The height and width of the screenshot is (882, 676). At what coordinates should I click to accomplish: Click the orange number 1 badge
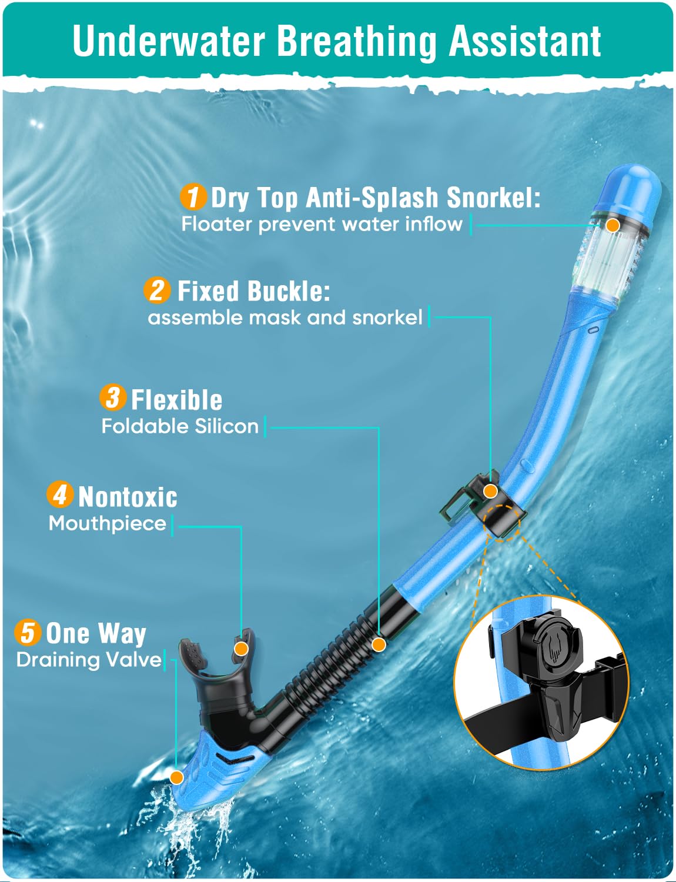click(x=193, y=196)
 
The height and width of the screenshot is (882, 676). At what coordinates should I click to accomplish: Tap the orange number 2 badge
click(x=157, y=290)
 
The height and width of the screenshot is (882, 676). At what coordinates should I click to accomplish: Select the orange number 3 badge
click(x=113, y=398)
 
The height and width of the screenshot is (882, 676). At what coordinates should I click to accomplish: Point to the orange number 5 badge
click(x=28, y=632)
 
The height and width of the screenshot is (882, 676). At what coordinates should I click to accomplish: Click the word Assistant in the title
click(x=525, y=41)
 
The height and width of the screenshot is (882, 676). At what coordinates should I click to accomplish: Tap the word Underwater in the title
click(x=169, y=41)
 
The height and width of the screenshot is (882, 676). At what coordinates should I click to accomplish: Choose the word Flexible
click(x=176, y=400)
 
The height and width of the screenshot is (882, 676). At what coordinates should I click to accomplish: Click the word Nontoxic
click(x=128, y=497)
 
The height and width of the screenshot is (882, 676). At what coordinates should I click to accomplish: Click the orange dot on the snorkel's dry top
click(x=613, y=225)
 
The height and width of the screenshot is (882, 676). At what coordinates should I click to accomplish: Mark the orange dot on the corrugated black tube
click(x=379, y=644)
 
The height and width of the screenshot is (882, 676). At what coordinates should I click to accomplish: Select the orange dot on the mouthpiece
click(x=241, y=649)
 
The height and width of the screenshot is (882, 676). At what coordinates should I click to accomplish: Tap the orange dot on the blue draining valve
click(x=176, y=777)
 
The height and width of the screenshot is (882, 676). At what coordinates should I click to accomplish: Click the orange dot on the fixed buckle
click(x=491, y=491)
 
